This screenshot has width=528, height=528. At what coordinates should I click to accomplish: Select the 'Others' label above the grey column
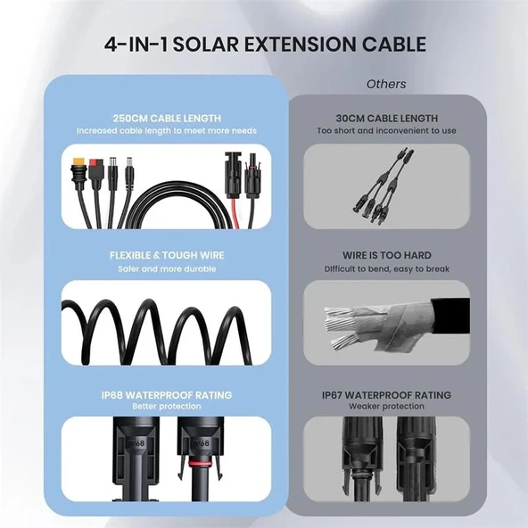coord(386,84)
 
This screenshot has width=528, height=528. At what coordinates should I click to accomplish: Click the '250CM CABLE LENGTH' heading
coord(167,119)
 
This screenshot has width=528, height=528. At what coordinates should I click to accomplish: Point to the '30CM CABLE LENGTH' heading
coord(386,119)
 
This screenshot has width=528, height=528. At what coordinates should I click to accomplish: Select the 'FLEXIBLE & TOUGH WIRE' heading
coord(167,256)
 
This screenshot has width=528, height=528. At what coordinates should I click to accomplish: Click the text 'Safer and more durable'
coord(167,268)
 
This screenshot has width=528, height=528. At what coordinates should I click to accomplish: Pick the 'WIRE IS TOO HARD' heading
coord(386,256)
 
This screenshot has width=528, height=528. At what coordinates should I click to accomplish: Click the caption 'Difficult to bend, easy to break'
coord(386,268)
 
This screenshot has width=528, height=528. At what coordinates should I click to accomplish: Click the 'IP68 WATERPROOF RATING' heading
coord(167,395)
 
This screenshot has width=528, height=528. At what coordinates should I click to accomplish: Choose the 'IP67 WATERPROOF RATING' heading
coord(386,395)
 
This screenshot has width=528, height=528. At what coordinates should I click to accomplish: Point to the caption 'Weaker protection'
coord(386,407)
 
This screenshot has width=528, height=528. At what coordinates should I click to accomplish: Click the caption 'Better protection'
coord(167,407)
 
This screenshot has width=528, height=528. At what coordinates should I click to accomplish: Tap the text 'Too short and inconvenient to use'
coord(386,131)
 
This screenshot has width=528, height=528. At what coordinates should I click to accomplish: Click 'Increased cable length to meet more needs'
coord(167,131)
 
